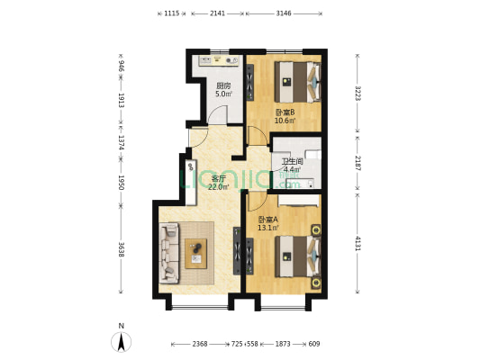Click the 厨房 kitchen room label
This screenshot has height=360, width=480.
click(x=223, y=85)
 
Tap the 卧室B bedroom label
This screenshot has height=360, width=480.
click(x=285, y=112)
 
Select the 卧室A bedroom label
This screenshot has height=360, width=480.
click(x=267, y=219)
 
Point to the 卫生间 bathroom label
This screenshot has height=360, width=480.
click(x=293, y=160)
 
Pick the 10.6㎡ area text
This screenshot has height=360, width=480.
click(x=285, y=121)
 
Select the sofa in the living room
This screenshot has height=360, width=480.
click(x=169, y=253)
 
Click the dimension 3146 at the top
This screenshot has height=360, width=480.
click(x=284, y=13)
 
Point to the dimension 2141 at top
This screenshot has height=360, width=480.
click(x=217, y=13)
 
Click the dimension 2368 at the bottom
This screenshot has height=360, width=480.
click(x=206, y=344)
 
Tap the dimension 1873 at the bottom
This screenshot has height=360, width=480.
click(x=282, y=344)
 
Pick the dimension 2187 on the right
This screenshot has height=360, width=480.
click(x=358, y=163)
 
